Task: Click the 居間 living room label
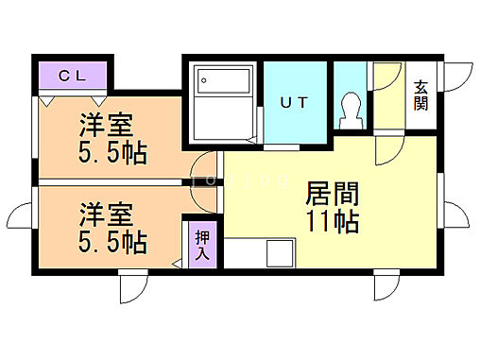pyautogui.click(x=330, y=195)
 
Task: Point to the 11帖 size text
pyautogui.click(x=330, y=223)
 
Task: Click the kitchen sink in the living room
pyautogui.click(x=281, y=254)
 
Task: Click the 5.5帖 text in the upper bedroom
pyautogui.click(x=111, y=153)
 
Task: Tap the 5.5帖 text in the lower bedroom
pyautogui.click(x=111, y=242)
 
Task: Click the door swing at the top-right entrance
pyautogui.click(x=457, y=77)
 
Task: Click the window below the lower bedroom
pyautogui.click(x=131, y=286)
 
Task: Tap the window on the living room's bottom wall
pyautogui.click(x=385, y=286)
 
